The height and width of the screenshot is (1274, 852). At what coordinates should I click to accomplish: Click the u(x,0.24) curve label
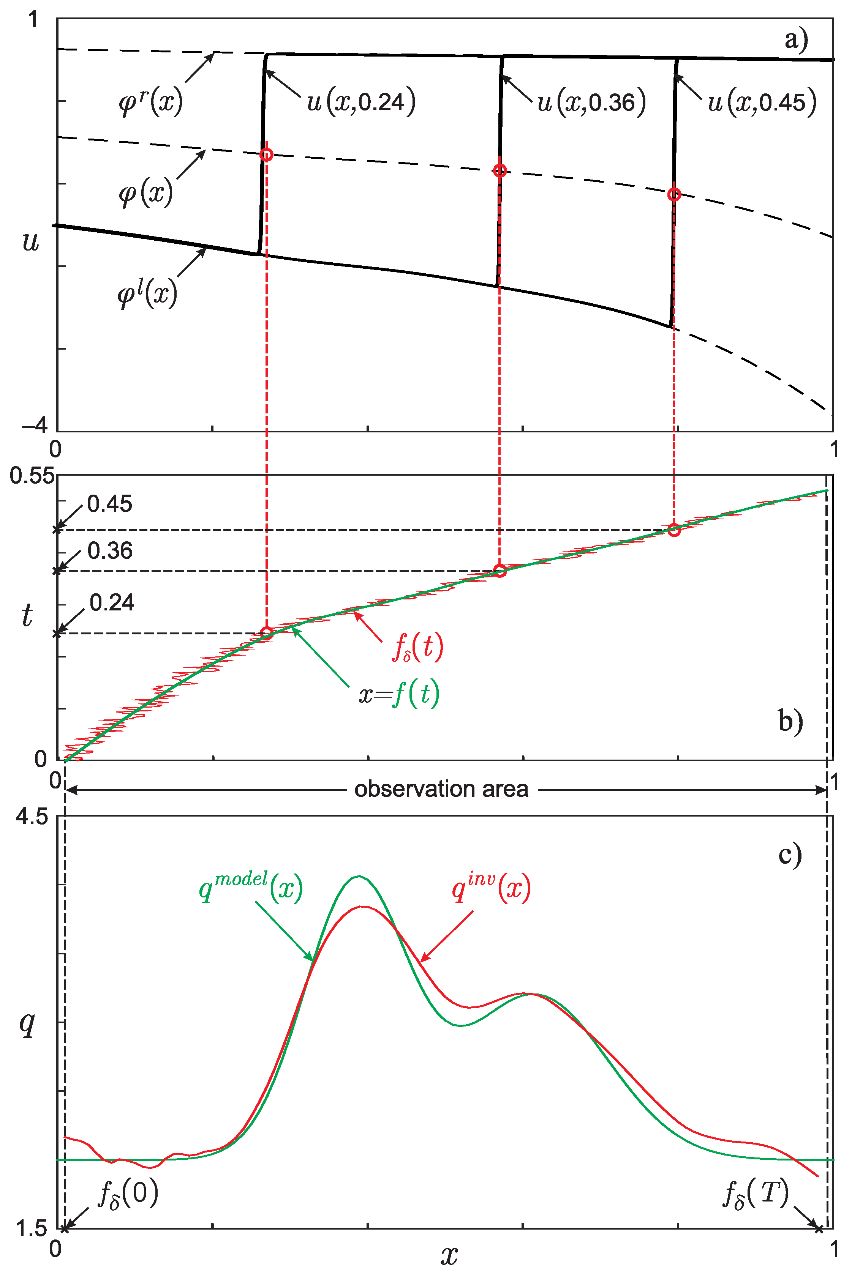click(x=361, y=102)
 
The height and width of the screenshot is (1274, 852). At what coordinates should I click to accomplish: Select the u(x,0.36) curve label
click(x=591, y=102)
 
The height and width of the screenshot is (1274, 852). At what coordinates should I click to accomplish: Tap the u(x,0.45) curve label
click(x=762, y=102)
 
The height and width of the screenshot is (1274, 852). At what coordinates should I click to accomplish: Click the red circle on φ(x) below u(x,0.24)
click(x=266, y=155)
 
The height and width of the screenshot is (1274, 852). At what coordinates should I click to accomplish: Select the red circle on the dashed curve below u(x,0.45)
click(x=674, y=194)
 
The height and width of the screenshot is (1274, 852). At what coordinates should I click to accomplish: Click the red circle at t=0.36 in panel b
click(x=500, y=570)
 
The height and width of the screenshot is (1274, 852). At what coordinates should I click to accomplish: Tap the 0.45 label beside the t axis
click(x=109, y=504)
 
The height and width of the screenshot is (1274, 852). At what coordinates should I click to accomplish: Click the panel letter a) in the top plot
click(x=796, y=39)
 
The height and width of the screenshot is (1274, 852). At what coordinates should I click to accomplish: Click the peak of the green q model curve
click(x=359, y=876)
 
